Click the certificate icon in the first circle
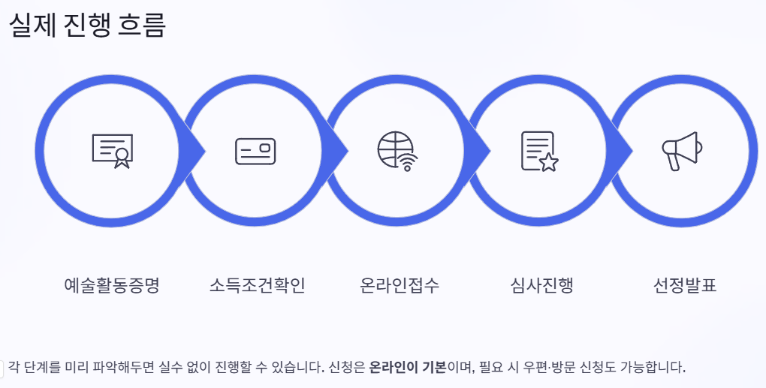click(112, 151)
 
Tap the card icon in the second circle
click(255, 151)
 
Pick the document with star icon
click(540, 151)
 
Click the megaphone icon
click(682, 151)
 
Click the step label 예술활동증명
click(112, 286)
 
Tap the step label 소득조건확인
click(257, 286)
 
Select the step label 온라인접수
click(400, 286)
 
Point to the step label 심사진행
click(541, 286)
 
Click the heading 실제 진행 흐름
click(87, 26)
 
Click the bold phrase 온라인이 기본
click(408, 368)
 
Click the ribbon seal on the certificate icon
click(120, 158)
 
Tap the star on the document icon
click(549, 162)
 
